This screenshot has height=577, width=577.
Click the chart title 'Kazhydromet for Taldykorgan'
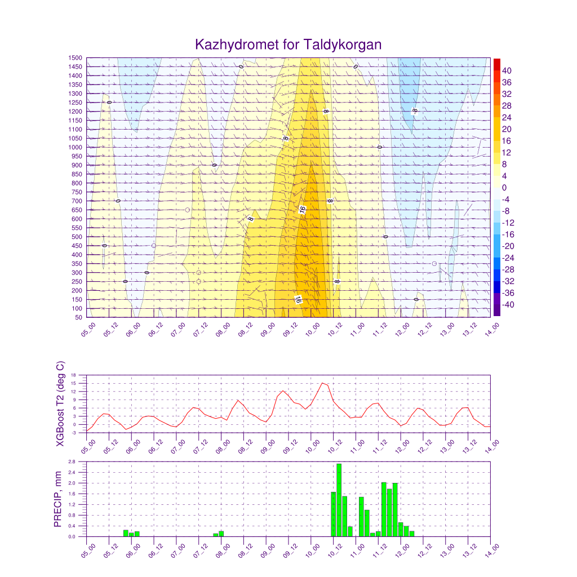pos(288,45)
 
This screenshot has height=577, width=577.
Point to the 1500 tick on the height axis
pos(76,57)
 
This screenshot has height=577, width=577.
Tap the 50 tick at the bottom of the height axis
pos(79,317)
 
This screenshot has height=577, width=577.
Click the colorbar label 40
pos(507,70)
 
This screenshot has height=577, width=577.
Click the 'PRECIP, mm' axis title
pos(58,499)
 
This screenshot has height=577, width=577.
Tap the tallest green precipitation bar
pos(339,500)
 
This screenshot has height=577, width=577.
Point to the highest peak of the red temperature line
pos(322,383)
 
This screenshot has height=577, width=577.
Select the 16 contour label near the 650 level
pos(303,210)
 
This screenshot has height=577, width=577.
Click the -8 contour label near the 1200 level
pos(415,110)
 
